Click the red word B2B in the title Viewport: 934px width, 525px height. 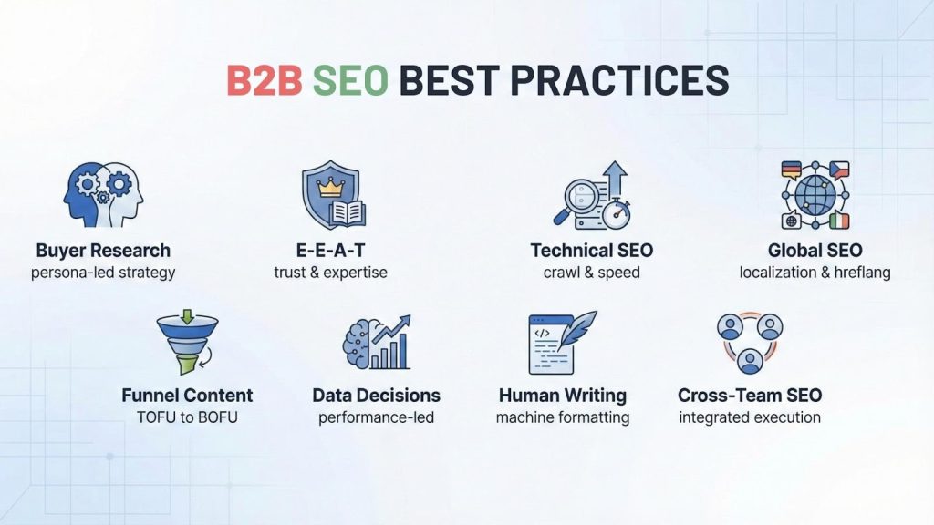tap(264, 81)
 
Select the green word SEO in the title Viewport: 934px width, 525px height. tap(350, 81)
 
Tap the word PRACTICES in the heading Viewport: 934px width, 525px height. tap(619, 81)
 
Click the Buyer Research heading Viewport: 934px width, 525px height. tap(103, 250)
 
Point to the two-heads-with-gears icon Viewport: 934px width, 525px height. tap(103, 194)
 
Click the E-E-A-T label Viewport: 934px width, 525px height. tap(330, 250)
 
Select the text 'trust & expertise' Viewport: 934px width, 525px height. tap(330, 272)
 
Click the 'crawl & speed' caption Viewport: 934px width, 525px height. tap(592, 272)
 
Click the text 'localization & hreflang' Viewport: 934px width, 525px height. tap(815, 272)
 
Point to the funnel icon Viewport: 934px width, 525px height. tap(187, 343)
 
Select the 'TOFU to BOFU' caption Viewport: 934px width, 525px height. tap(187, 417)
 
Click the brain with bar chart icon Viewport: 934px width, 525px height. tap(377, 344)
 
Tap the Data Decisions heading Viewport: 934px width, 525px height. tap(376, 396)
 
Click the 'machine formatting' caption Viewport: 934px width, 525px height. tap(563, 417)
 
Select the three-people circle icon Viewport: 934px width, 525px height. tap(750, 343)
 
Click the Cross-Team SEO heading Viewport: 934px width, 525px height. tap(750, 396)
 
